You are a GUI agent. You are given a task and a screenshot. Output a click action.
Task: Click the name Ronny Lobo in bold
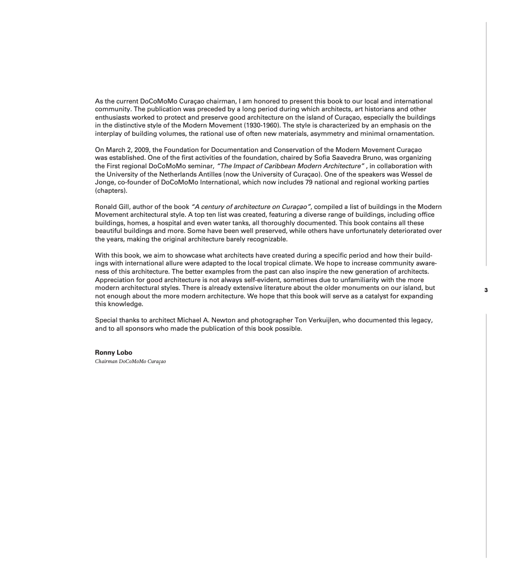coord(113,353)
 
